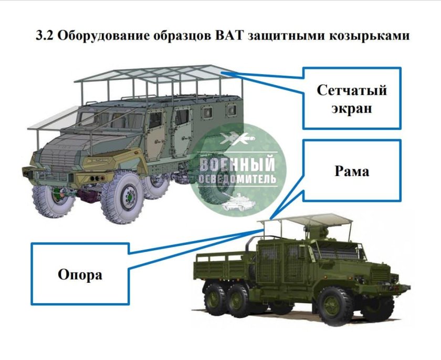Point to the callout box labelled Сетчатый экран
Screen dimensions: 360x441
point(351,98)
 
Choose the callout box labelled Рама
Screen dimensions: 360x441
point(351,170)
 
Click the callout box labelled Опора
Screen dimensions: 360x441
point(80,274)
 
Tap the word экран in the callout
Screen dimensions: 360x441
point(351,109)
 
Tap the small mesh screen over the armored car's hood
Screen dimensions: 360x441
point(50,119)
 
